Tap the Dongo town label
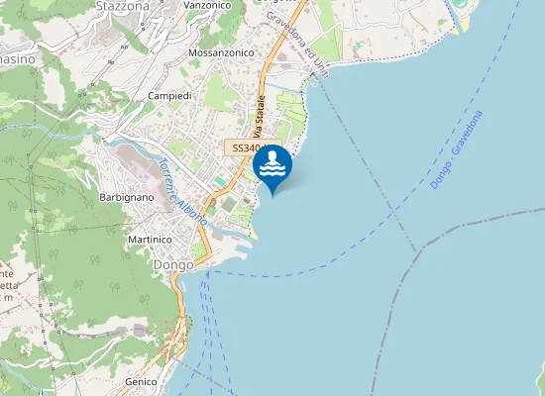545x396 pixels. (x=172, y=265)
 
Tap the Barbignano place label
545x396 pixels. (x=127, y=198)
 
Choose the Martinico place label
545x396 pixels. (x=150, y=240)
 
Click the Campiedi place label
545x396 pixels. (x=169, y=95)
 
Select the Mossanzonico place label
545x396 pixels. (x=221, y=52)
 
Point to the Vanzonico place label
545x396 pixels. (x=207, y=5)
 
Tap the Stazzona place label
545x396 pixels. (x=122, y=6)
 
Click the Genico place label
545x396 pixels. (x=142, y=381)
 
